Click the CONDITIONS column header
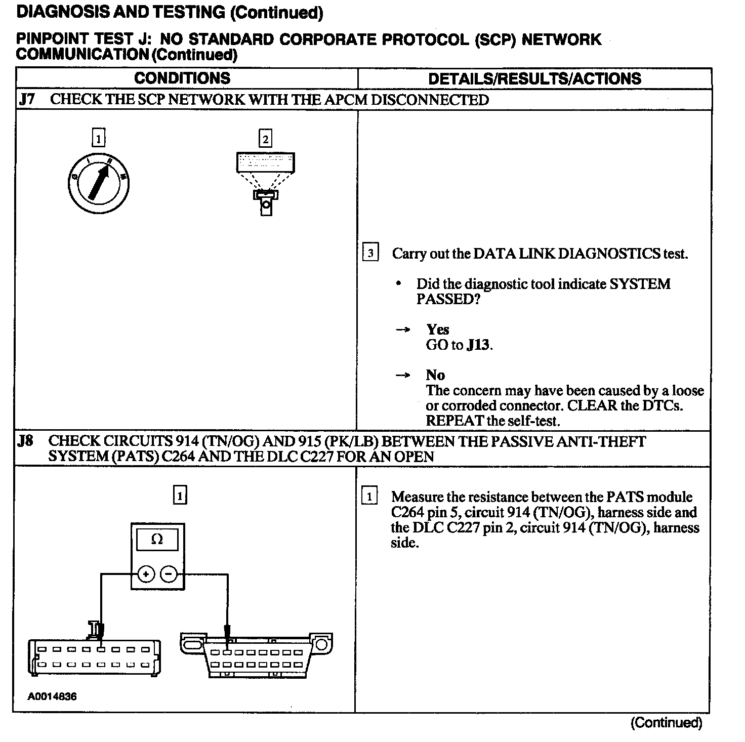pos(182,78)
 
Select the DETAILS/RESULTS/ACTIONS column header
pos(534,78)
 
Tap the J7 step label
pos(27,99)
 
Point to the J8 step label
pos(26,441)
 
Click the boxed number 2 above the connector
pos(265,139)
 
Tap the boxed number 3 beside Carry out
pos(370,253)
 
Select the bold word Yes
pos(438,329)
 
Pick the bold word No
pos(435,375)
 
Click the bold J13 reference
pos(478,345)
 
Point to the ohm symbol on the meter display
pos(157,540)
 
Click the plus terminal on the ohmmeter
pos(146,574)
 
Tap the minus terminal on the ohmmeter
pos(169,574)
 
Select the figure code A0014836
pos(52,696)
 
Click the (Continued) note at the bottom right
pos(666,723)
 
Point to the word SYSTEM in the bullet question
pos(640,284)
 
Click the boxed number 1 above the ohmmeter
pos(180,494)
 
